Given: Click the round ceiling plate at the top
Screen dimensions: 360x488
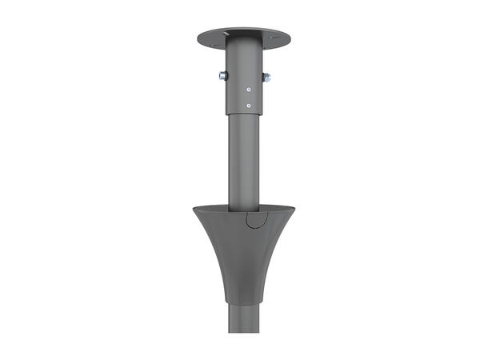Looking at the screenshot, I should pyautogui.click(x=243, y=37).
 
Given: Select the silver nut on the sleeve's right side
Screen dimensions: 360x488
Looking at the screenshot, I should pyautogui.click(x=266, y=78).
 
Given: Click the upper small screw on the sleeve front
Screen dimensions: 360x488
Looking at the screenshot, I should pyautogui.click(x=249, y=89).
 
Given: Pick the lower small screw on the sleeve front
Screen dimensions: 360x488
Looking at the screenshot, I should pyautogui.click(x=249, y=105).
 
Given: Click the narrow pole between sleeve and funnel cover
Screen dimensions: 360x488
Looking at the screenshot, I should pyautogui.click(x=243, y=160).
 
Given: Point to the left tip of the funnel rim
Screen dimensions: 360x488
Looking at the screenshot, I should pyautogui.click(x=194, y=209).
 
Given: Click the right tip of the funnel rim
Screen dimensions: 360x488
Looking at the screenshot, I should pyautogui.click(x=294, y=209).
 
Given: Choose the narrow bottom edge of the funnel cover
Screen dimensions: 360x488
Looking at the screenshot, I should pyautogui.click(x=243, y=302).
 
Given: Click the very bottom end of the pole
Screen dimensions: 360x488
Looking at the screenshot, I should pyautogui.click(x=243, y=330).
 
